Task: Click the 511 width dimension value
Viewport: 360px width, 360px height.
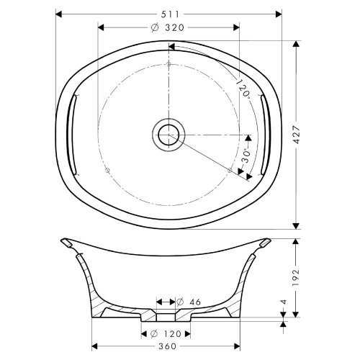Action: pyautogui.click(x=170, y=14)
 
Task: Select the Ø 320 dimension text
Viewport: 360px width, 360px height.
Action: pyautogui.click(x=168, y=28)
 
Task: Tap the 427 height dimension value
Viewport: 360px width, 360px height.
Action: pyautogui.click(x=297, y=135)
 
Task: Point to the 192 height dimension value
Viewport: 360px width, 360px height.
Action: pyautogui.click(x=297, y=278)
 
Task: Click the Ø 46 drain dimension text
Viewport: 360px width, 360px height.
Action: pyautogui.click(x=189, y=302)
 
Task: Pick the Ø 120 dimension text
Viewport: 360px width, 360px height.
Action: pyautogui.click(x=166, y=333)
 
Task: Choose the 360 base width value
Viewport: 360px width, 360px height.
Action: pyautogui.click(x=168, y=346)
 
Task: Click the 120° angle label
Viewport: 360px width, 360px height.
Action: pyautogui.click(x=243, y=88)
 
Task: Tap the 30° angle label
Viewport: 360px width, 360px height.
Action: pyautogui.click(x=246, y=156)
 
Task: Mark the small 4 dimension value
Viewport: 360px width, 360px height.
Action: pyautogui.click(x=284, y=302)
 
